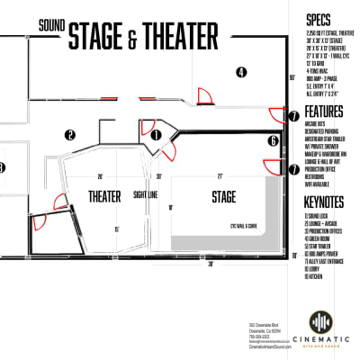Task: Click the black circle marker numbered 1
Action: pyautogui.click(x=157, y=136)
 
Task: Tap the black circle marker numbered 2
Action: pyautogui.click(x=68, y=136)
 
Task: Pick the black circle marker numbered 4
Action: pyautogui.click(x=241, y=71)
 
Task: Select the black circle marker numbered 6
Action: pyautogui.click(x=273, y=141)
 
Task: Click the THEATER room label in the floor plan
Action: pyautogui.click(x=105, y=196)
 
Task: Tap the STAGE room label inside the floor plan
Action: pyautogui.click(x=223, y=196)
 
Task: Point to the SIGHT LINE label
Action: pyautogui.click(x=148, y=194)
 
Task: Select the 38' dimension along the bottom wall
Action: pyautogui.click(x=211, y=265)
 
